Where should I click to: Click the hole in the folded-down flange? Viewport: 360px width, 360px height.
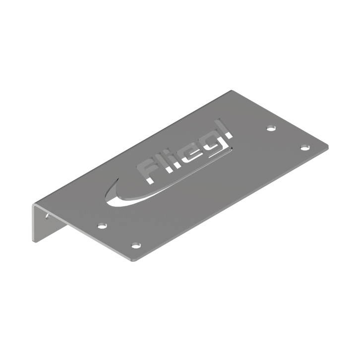coord(47,216)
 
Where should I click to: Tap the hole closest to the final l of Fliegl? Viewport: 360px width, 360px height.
coord(271,128)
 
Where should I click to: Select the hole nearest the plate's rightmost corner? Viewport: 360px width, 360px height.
coord(305,148)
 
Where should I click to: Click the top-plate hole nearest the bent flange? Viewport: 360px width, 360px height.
coord(102,226)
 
